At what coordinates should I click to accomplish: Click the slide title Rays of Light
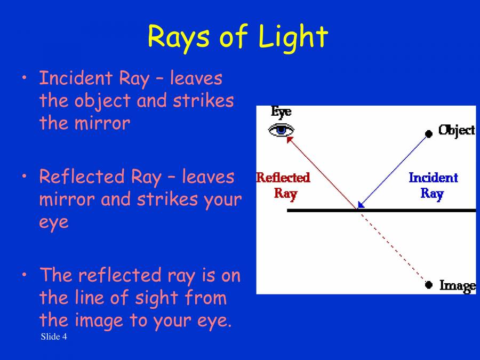(237, 37)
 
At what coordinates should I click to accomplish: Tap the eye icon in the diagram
(281, 130)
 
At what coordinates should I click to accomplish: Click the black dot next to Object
(428, 133)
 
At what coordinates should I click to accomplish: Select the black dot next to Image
(428, 285)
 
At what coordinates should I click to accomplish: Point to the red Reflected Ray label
(283, 185)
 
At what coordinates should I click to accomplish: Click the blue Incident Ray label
(433, 185)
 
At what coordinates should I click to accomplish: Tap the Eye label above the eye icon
(281, 112)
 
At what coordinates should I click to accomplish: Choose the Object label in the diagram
(456, 130)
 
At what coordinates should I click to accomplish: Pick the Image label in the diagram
(457, 285)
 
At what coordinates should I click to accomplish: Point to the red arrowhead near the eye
(290, 139)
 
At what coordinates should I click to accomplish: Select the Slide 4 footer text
(53, 337)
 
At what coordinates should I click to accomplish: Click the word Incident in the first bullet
(75, 78)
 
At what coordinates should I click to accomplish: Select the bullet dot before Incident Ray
(24, 78)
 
